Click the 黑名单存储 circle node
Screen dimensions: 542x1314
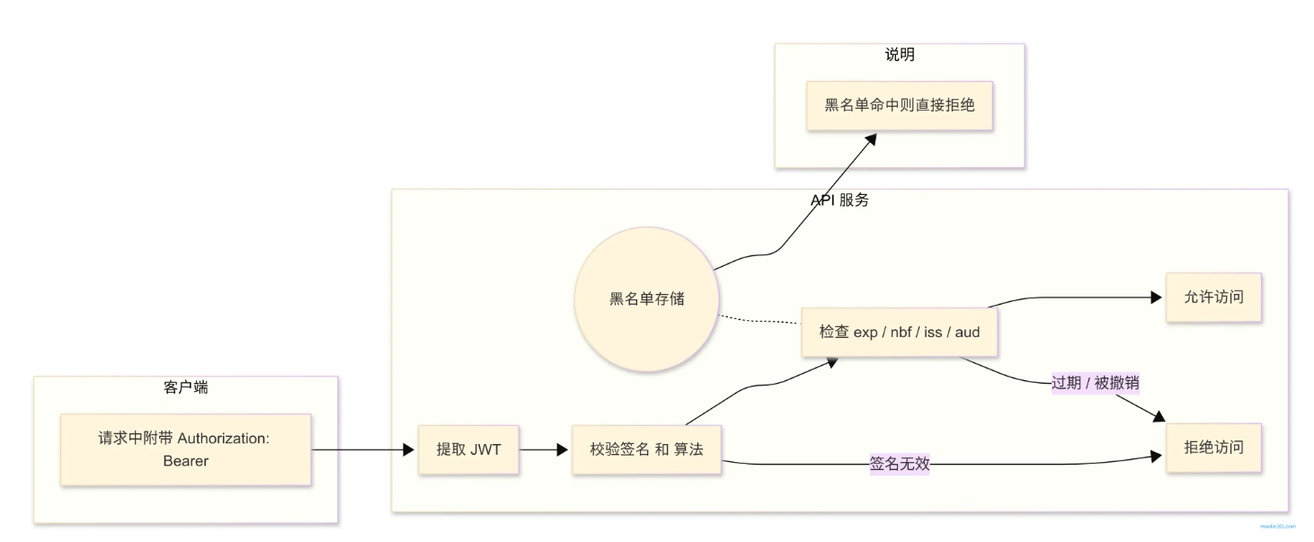(646, 299)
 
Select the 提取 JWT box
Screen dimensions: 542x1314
(468, 449)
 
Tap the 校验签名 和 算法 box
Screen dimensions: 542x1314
(647, 449)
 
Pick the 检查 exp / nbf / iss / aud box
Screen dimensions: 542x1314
(899, 332)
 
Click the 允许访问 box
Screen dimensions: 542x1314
(1213, 297)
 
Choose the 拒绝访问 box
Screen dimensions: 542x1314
(1213, 447)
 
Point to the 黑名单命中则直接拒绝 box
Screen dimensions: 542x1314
(899, 105)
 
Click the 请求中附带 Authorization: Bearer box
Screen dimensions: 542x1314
(185, 449)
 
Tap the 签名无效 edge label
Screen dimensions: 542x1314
(899, 464)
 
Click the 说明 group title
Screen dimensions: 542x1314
(899, 55)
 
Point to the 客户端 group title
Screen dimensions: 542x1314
(186, 387)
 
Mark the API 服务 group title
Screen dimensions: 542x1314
(839, 200)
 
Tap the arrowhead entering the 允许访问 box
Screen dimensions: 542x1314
(1157, 298)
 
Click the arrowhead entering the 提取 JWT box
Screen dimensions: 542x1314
(409, 449)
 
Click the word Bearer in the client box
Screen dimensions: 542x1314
(185, 461)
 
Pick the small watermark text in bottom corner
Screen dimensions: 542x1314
(1277, 527)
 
